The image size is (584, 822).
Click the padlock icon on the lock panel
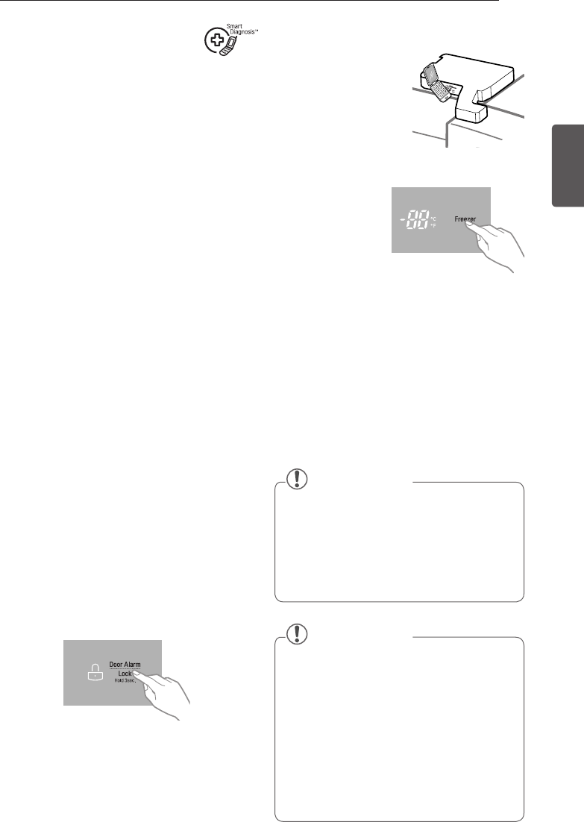click(x=95, y=673)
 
